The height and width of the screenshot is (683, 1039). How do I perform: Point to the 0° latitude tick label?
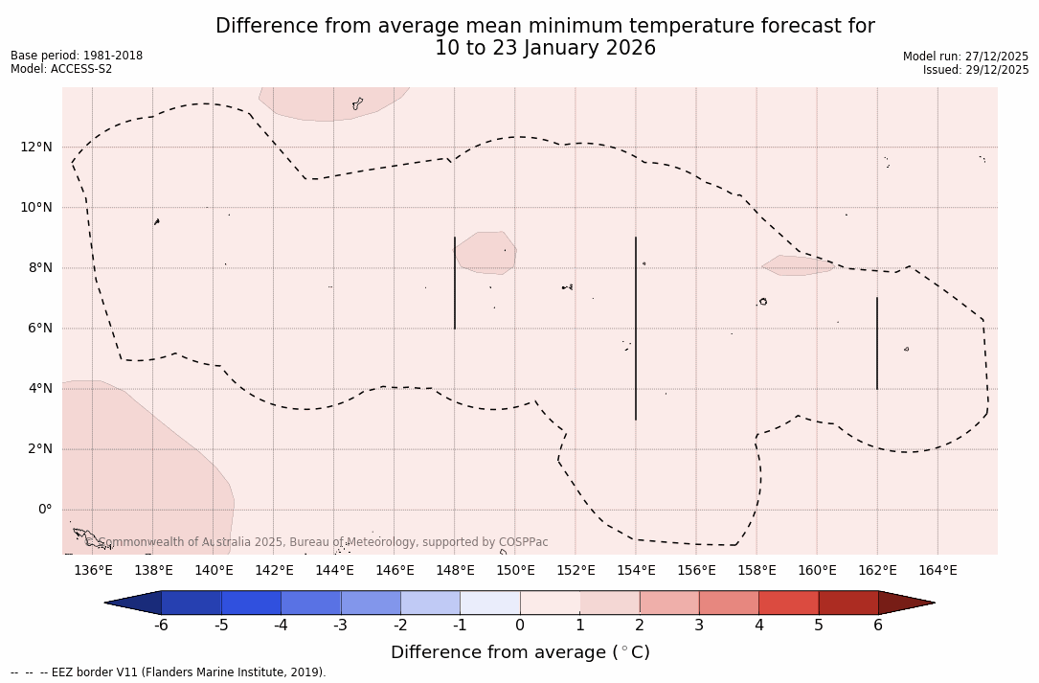click(43, 510)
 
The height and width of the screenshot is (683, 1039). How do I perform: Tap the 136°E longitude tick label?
click(93, 571)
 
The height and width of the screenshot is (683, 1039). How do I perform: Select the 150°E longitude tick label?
click(515, 571)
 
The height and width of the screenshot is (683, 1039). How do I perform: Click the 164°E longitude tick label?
click(937, 571)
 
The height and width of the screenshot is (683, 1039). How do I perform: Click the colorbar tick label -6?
click(162, 626)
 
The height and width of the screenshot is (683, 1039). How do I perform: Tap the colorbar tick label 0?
click(520, 626)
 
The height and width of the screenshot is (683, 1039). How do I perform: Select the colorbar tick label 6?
click(878, 626)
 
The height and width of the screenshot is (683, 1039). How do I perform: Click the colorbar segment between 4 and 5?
click(788, 603)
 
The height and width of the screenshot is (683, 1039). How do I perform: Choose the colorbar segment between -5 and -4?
click(251, 603)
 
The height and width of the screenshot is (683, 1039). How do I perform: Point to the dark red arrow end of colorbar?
click(906, 603)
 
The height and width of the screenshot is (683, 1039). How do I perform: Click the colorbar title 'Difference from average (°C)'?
click(520, 652)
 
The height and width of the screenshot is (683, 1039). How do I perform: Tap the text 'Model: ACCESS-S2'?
click(61, 69)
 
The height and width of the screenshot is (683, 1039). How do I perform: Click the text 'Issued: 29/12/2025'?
click(976, 70)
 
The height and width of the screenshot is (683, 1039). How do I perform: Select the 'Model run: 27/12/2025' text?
click(965, 57)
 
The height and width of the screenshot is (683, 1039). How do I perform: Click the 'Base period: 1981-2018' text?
click(77, 56)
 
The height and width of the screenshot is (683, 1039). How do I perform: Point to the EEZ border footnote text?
click(169, 672)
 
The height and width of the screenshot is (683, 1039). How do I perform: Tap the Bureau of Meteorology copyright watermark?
click(324, 542)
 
